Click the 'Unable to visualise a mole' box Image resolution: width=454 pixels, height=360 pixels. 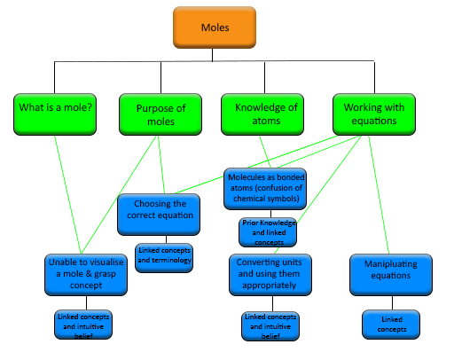click(81, 274)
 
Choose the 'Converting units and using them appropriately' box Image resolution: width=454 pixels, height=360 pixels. click(268, 274)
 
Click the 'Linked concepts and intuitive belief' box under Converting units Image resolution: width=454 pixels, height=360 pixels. click(269, 325)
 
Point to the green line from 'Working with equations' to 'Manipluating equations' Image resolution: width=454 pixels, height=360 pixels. click(379, 195)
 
